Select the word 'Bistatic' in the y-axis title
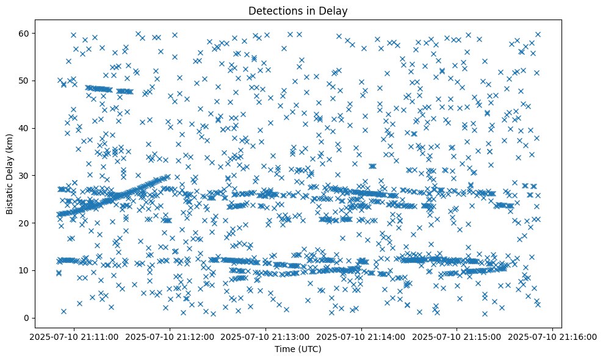click(10, 196)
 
